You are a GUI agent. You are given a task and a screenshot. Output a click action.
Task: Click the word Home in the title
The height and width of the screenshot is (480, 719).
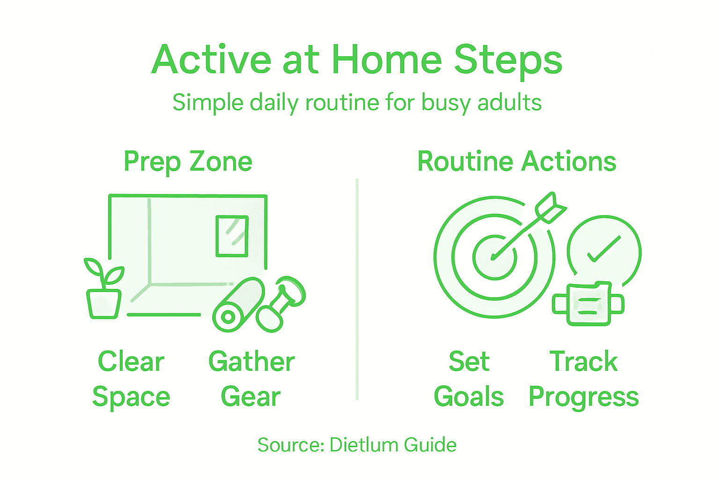pyautogui.click(x=387, y=60)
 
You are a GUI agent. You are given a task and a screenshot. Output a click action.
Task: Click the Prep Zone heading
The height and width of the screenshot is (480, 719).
pyautogui.click(x=188, y=162)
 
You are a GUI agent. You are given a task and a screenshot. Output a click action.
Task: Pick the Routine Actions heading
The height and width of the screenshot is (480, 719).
pyautogui.click(x=516, y=162)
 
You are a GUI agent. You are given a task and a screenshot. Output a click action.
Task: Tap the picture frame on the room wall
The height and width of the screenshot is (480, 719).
pyautogui.click(x=232, y=236)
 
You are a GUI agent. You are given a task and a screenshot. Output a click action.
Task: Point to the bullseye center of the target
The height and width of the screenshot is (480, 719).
pyautogui.click(x=494, y=257)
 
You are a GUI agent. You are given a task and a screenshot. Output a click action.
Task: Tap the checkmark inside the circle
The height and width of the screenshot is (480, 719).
pyautogui.click(x=604, y=249)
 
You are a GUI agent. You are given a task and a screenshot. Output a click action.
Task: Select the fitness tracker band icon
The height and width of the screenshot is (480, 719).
pyautogui.click(x=588, y=304)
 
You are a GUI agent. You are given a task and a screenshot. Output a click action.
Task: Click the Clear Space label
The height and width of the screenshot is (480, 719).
pyautogui.click(x=131, y=379)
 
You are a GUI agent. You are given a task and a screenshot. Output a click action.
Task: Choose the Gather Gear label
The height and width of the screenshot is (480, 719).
pyautogui.click(x=251, y=379)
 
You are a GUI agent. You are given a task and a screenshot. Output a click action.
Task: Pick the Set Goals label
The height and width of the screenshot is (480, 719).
pyautogui.click(x=469, y=379)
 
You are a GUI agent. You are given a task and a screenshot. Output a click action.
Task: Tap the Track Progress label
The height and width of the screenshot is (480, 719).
pyautogui.click(x=583, y=379)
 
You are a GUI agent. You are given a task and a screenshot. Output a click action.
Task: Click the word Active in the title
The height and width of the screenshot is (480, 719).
pyautogui.click(x=212, y=60)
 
